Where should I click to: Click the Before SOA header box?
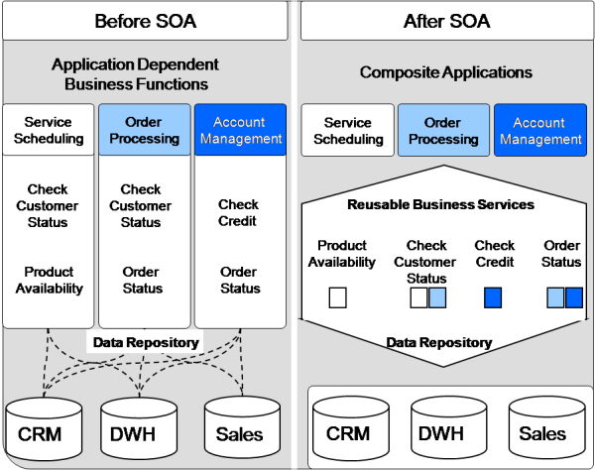pos(145,21)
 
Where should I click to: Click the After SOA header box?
pos(447,21)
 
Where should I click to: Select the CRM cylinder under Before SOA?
pos(44,428)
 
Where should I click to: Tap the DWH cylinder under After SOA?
pos(449,428)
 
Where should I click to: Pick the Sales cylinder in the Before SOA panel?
pos(242,428)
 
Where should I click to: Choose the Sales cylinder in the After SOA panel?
pos(546,428)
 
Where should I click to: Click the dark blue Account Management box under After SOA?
pos(540,130)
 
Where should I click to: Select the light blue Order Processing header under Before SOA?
pos(145,129)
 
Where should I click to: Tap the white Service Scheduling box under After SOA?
pos(348,130)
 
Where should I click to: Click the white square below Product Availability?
pos(338,297)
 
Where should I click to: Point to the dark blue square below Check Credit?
pos(493,297)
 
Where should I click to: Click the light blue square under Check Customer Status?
pos(437,297)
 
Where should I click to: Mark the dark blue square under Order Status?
pos(574,297)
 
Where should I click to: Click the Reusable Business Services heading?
pos(440,204)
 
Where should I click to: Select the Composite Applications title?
pos(446,72)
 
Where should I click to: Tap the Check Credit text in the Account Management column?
pos(238,212)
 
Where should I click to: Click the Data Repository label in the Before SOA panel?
pos(146,342)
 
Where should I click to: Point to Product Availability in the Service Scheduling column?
pos(49,280)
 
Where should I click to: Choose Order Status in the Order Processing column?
pos(142,280)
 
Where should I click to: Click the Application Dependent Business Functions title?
pos(136,74)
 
